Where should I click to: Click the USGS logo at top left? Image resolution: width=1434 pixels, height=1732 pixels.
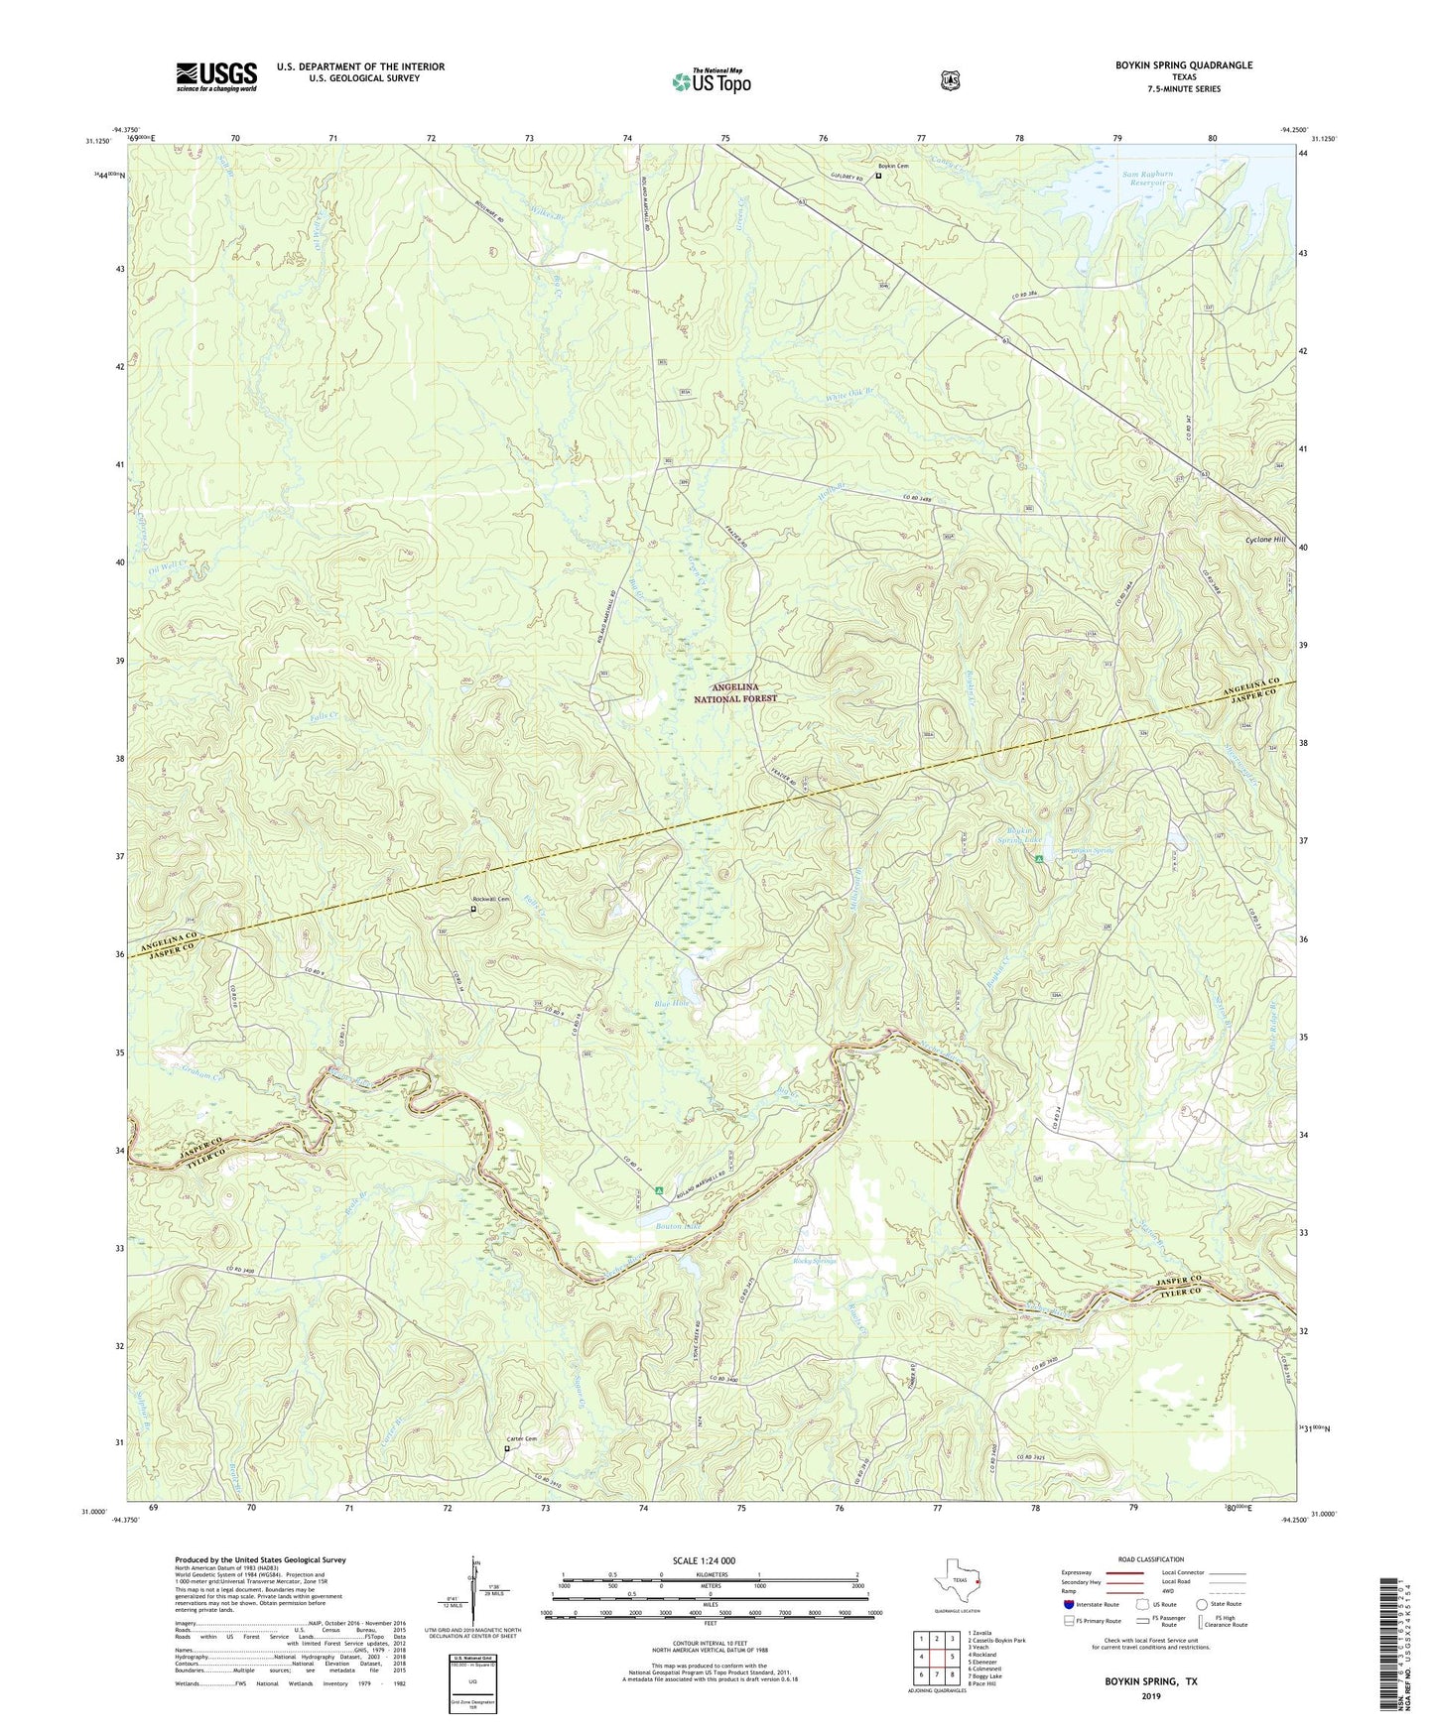(216, 76)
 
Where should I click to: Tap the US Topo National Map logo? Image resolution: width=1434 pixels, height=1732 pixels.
(710, 80)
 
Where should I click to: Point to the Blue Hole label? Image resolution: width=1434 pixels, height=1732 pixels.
(671, 1003)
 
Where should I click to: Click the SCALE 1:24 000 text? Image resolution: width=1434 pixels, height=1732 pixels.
(704, 1560)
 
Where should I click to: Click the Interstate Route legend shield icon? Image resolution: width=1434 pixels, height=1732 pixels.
(1069, 1603)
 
